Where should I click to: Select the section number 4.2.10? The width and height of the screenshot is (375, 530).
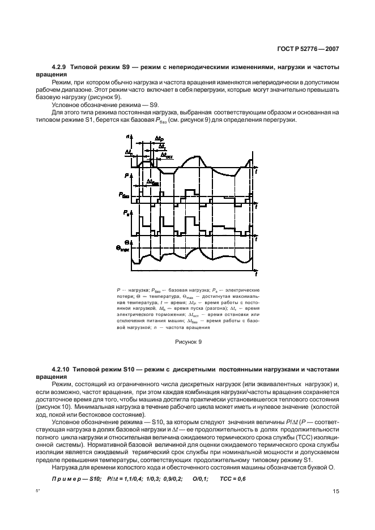point(62,369)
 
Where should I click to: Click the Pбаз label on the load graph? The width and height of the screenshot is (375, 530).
point(124,195)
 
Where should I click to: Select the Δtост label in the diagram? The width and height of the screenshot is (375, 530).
point(167,154)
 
